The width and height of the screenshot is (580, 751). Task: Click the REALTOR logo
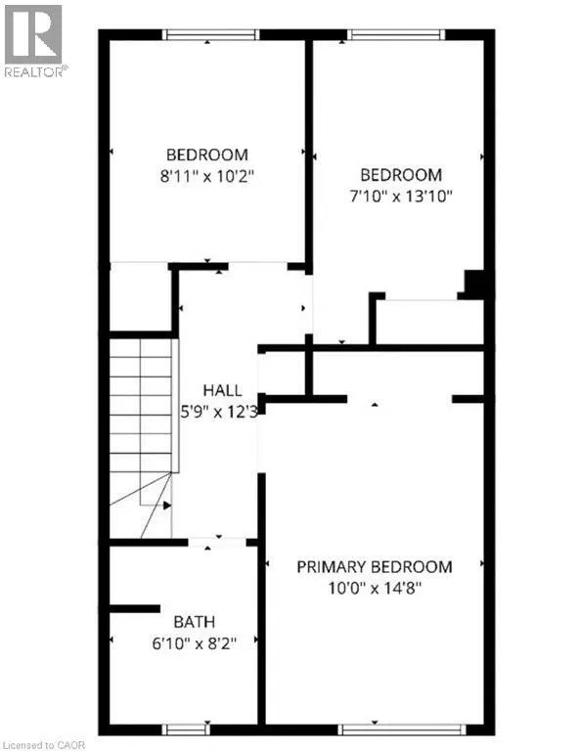[33, 40]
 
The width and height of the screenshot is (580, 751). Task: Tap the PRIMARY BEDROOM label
[374, 567]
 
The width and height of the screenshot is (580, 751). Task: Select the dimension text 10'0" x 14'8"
[375, 588]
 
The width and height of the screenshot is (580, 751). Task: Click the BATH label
[194, 622]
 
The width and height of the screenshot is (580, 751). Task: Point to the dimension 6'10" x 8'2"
[195, 643]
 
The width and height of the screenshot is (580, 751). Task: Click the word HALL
[222, 390]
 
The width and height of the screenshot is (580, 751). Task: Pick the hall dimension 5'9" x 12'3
[219, 412]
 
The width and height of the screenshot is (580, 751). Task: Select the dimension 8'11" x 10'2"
[207, 176]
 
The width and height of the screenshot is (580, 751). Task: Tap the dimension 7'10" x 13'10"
[401, 197]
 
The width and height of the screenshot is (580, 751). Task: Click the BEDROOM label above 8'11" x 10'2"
[207, 155]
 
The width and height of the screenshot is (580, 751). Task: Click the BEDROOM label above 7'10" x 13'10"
[401, 175]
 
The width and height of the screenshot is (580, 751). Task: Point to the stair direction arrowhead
[166, 506]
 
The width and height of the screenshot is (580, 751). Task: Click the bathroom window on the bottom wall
[186, 729]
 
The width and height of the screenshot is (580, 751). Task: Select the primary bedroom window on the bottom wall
[402, 729]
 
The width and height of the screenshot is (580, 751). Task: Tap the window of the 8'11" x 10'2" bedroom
[210, 34]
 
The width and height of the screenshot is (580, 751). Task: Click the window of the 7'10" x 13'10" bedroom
[396, 34]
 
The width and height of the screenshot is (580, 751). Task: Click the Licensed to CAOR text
[43, 745]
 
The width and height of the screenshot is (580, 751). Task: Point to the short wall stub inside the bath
[135, 609]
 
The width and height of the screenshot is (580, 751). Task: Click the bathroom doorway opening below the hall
[217, 543]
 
